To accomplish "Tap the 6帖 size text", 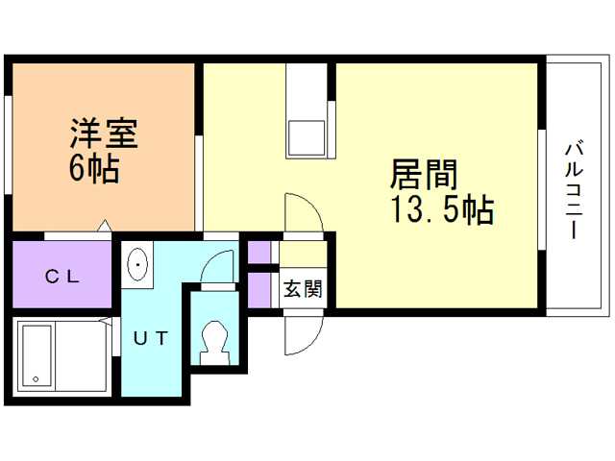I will (93, 170).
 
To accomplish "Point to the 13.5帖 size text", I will (442, 208).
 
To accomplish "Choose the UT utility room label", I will (151, 338).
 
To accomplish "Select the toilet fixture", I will (212, 340).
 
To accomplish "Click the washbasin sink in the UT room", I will (138, 262).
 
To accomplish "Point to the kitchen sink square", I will (307, 136).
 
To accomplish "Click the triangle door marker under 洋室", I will (104, 228).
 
